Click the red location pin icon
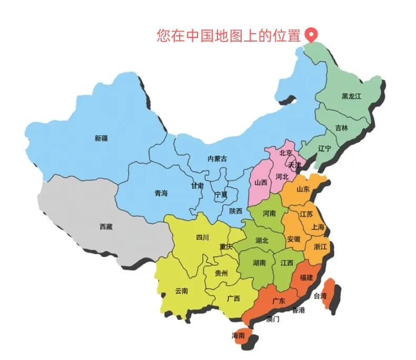312,35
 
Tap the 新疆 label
101,138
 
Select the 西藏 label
106,227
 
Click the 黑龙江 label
351,96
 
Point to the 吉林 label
341,128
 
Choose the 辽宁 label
325,148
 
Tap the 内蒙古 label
217,158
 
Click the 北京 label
286,153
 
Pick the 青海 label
161,193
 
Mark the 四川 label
202,237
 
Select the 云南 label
182,291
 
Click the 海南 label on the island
238,335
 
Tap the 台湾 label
320,296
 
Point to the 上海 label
318,227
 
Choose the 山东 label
303,189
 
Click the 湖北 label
262,240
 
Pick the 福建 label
306,277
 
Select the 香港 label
299,310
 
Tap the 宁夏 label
221,194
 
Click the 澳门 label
273,319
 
